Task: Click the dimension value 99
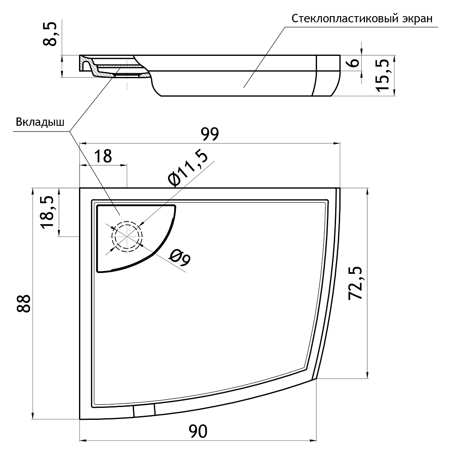(209, 134)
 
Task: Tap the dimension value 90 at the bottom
(198, 431)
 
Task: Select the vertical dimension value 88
(24, 304)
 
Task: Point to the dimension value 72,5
(355, 283)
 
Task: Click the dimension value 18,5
(47, 213)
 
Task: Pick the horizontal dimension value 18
(103, 156)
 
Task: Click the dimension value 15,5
(382, 75)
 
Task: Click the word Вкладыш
(40, 122)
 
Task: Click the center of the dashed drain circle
(127, 236)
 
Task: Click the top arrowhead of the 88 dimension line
(33, 192)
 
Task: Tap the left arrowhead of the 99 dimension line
(83, 143)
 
